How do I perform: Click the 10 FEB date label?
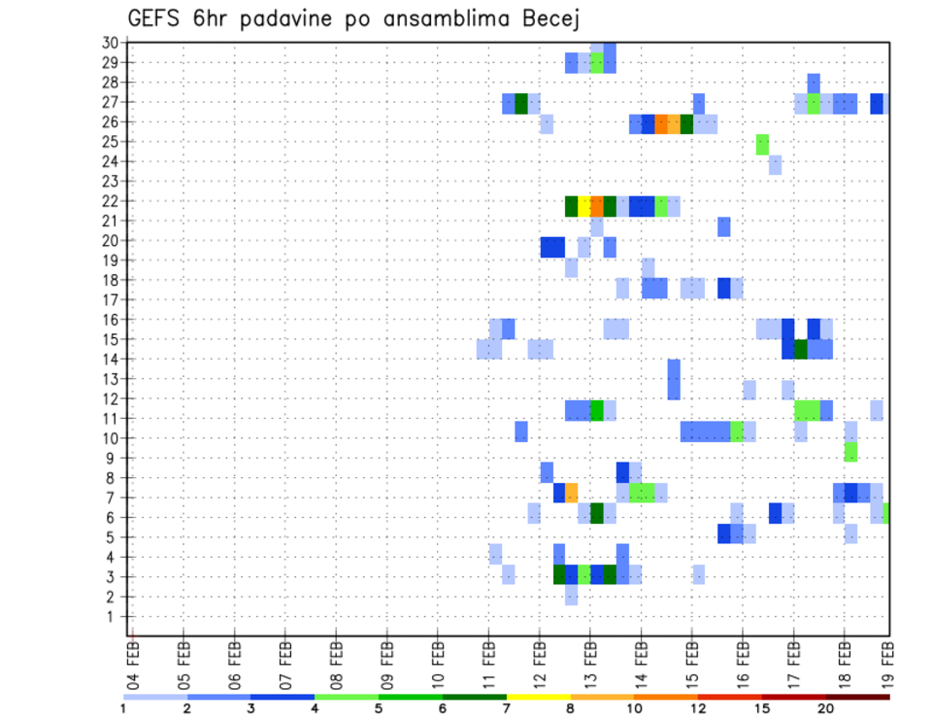(x=438, y=660)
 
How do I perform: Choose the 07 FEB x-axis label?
(x=285, y=660)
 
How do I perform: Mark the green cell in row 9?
(x=850, y=452)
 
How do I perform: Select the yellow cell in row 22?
(x=584, y=206)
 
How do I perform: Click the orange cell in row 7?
(x=572, y=492)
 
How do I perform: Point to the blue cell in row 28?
(x=814, y=82)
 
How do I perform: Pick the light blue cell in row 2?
(x=571, y=597)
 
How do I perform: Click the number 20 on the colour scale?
(x=826, y=709)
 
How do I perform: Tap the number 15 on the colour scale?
(x=762, y=709)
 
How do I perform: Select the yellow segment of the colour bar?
(x=539, y=697)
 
